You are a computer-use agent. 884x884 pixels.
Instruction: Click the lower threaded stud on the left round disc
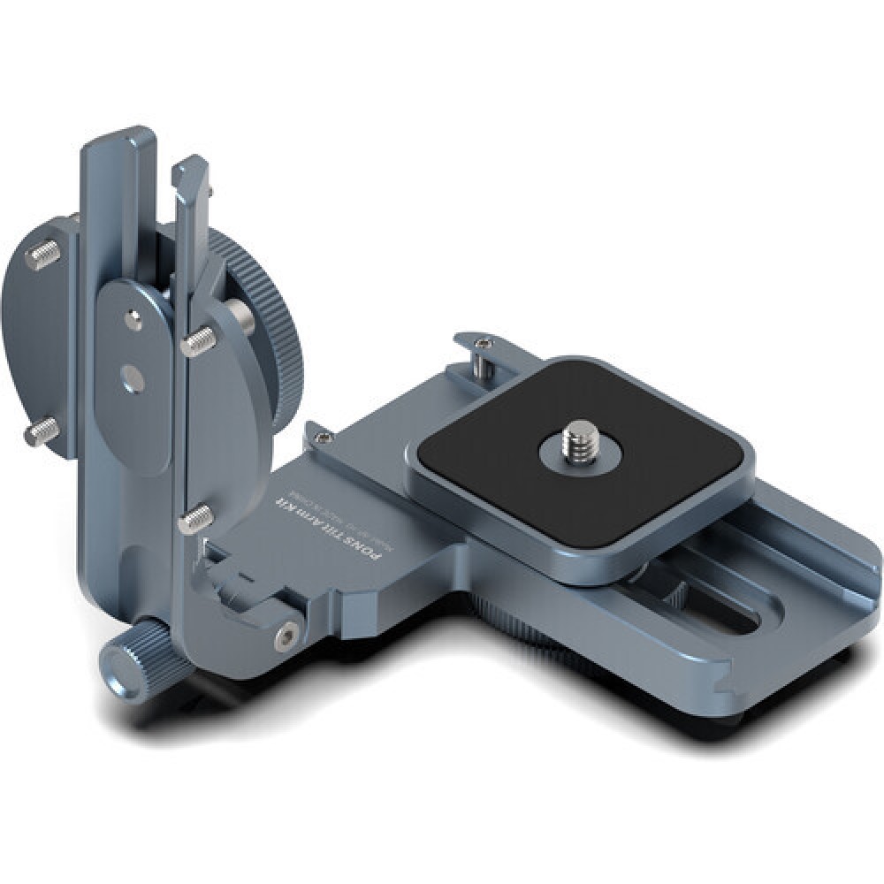pos(42,431)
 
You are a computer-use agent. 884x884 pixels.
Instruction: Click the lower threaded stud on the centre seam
pos(194,519)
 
